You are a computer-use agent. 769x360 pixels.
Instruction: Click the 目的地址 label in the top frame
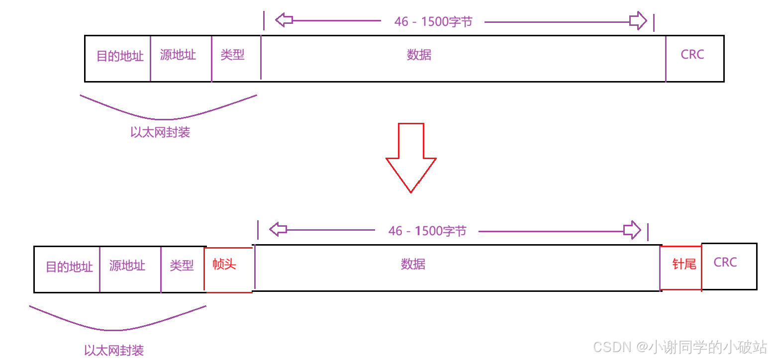pyautogui.click(x=120, y=56)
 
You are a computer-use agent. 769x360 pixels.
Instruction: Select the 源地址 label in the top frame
pyautogui.click(x=178, y=55)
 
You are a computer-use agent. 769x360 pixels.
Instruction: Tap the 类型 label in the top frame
pyautogui.click(x=232, y=55)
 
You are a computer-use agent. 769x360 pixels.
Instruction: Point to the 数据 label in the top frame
pyautogui.click(x=419, y=55)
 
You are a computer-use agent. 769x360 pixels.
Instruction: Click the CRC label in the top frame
pyautogui.click(x=692, y=54)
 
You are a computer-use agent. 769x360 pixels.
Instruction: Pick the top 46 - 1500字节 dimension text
pyautogui.click(x=433, y=21)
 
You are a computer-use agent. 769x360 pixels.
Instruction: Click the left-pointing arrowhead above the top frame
pyautogui.click(x=284, y=20)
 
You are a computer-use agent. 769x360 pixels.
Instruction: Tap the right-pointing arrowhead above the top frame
pyautogui.click(x=638, y=20)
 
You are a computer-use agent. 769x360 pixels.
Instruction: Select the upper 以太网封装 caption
pyautogui.click(x=160, y=132)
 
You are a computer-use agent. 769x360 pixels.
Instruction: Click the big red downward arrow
pyautogui.click(x=411, y=158)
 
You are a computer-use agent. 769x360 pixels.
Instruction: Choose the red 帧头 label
pyautogui.click(x=224, y=264)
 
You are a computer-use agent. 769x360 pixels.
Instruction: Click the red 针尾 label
pyautogui.click(x=684, y=264)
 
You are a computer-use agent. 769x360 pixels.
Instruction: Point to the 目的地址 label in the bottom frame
pyautogui.click(x=69, y=267)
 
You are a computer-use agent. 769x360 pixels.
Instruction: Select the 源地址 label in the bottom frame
pyautogui.click(x=127, y=266)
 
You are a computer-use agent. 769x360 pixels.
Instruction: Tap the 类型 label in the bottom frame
pyautogui.click(x=182, y=266)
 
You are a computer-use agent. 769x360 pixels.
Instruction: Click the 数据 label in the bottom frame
pyautogui.click(x=413, y=264)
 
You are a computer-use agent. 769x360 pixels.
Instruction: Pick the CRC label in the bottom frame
pyautogui.click(x=725, y=262)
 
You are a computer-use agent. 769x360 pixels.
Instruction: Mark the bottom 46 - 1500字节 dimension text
pyautogui.click(x=427, y=231)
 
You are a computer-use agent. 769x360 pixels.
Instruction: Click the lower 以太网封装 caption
pyautogui.click(x=114, y=351)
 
